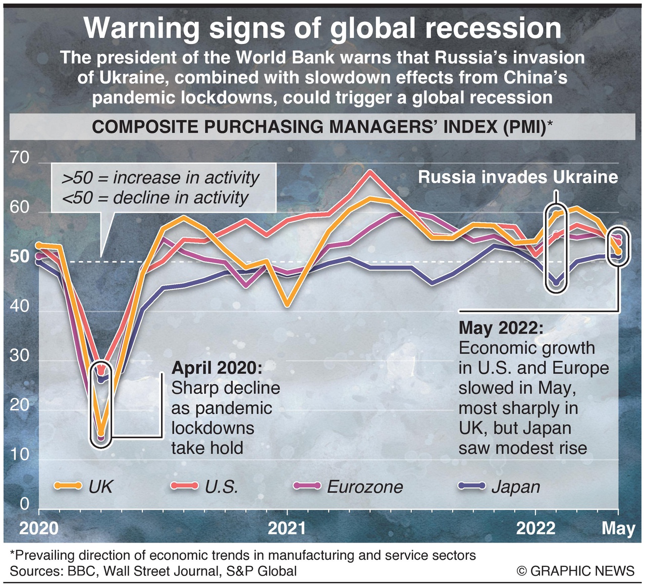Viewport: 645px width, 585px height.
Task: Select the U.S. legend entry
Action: pos(204,486)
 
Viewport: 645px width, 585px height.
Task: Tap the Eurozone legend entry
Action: pos(348,486)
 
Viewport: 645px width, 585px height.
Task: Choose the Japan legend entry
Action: pos(499,486)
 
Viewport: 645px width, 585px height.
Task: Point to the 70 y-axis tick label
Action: pos(20,158)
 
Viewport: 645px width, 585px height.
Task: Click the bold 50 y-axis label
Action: pos(20,257)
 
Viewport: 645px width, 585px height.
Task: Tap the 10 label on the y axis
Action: pos(20,455)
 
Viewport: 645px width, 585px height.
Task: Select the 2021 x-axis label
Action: pos(287,528)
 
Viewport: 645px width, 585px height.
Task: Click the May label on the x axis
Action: pos(618,528)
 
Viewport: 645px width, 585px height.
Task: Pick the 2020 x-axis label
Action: pos(39,528)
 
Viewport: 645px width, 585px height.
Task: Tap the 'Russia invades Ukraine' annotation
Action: pos(518,177)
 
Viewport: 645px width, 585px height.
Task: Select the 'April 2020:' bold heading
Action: pos(217,368)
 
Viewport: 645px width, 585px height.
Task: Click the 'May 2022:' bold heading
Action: pos(501,328)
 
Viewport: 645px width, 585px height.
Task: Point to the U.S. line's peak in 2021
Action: pos(370,172)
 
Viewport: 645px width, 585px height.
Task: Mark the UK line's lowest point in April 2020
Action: pos(101,432)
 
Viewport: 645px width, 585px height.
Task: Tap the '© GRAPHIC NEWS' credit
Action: pos(575,571)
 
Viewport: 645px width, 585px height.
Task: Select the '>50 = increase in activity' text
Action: pos(160,178)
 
